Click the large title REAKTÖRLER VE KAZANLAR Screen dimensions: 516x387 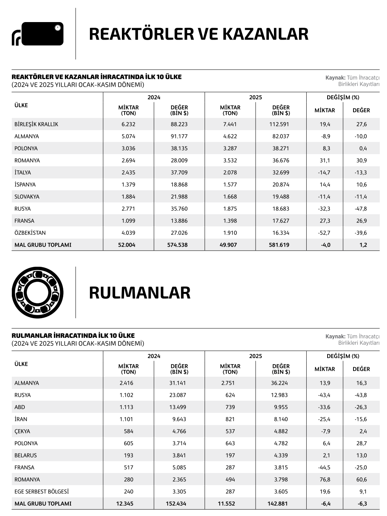pos(198,34)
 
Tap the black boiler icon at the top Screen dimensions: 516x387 pos(38,34)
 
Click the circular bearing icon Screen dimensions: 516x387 pos(37,293)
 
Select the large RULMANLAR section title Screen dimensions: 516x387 pos(139,293)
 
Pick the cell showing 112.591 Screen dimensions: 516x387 pos(281,124)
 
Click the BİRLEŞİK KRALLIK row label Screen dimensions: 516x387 pos(36,124)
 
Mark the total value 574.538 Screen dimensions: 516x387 pos(178,245)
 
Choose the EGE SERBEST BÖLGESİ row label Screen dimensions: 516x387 pos(42,491)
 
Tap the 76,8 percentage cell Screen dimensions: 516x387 pos(325,479)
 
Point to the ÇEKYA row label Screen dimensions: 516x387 pos(22,431)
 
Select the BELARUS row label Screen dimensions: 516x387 pos(26,455)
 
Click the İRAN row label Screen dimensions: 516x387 pos(21,419)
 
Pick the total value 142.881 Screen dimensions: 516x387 pos(277,503)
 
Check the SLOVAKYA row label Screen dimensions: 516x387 pos(27,197)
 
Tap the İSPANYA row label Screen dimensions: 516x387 pos(25,185)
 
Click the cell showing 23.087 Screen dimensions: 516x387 pos(178,395)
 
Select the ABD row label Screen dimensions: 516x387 pos(19,407)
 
